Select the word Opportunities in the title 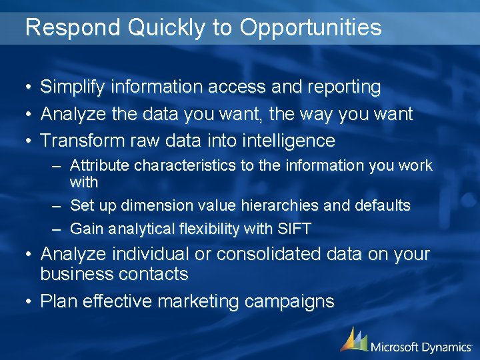click(311, 28)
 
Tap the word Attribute click(99, 165)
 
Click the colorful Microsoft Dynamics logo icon click(353, 339)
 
